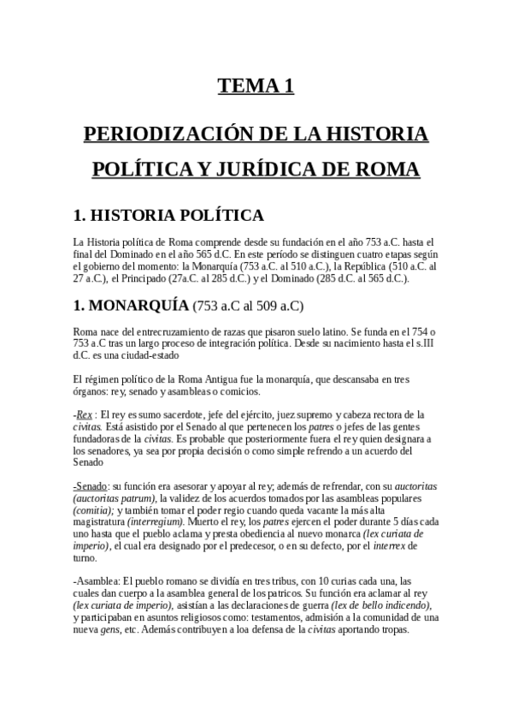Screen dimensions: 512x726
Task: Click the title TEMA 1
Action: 256,86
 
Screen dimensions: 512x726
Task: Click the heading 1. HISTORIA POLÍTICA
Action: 168,214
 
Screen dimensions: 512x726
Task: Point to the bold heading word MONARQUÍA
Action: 140,305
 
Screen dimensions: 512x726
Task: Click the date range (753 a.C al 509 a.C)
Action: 249,306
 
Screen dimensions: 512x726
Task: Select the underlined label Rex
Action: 85,414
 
